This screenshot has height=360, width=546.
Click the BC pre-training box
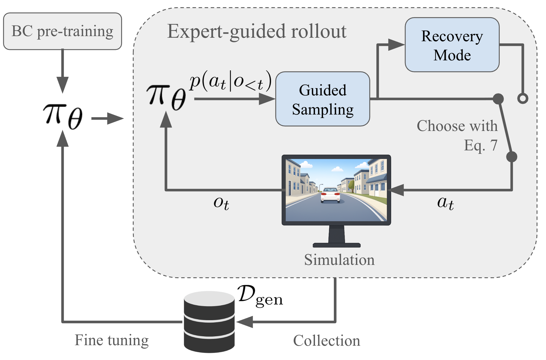coord(62,31)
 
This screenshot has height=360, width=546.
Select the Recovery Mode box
coord(452,45)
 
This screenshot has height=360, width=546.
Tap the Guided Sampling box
coord(323,99)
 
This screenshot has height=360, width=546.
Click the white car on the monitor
coord(330,195)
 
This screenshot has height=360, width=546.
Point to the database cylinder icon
coord(209,322)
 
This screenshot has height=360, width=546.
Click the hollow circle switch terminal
coord(523,98)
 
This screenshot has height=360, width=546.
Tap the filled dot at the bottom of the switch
coord(512,157)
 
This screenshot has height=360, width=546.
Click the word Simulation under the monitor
coord(339,260)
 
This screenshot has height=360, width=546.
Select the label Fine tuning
coord(111,340)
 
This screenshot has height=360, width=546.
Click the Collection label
coord(326,341)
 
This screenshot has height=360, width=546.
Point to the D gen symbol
coord(260,296)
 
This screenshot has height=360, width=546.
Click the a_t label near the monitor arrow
coord(445,203)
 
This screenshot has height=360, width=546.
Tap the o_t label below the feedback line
coord(221,203)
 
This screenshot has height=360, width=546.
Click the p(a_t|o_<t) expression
coord(230,81)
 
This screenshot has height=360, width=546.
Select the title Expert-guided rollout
coord(257,32)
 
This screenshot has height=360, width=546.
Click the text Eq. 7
coord(481,146)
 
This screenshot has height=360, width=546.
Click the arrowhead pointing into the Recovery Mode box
coord(396,45)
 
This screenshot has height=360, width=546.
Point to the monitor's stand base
coord(337,245)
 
